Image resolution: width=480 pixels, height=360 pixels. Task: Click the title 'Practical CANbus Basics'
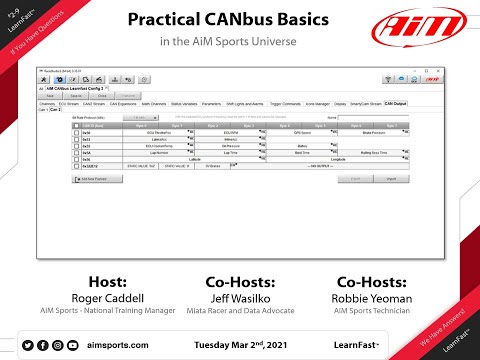240,21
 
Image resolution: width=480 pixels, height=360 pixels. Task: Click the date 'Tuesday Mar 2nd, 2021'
240,343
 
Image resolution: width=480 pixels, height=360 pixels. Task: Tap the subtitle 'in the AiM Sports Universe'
240,44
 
